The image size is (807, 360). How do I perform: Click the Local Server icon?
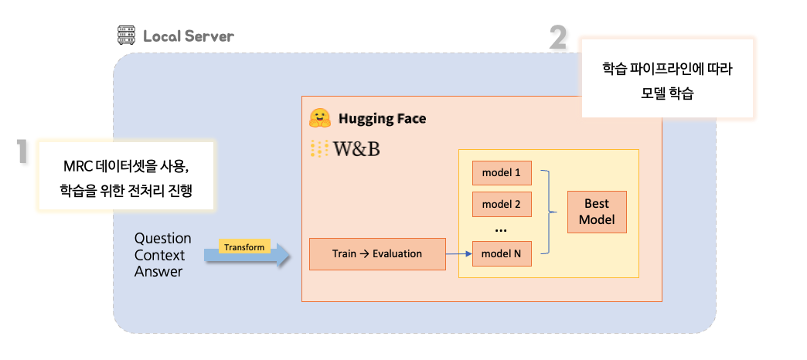(x=126, y=36)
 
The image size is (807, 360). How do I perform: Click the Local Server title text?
(x=188, y=36)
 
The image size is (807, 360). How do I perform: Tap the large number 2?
(x=559, y=37)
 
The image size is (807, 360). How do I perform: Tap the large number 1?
(x=23, y=152)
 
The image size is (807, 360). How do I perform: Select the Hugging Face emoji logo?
(x=320, y=118)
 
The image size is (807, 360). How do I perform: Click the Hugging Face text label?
(x=382, y=119)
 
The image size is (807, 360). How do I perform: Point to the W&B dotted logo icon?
(x=318, y=149)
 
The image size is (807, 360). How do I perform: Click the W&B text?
(x=356, y=149)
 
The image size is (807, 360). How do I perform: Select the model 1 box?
(x=502, y=172)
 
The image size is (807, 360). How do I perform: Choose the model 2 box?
(x=502, y=204)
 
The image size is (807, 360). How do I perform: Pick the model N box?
(x=502, y=253)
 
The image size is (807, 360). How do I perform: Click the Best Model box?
(x=596, y=212)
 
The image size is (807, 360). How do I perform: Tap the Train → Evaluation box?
(x=377, y=253)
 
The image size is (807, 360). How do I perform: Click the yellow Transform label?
(x=244, y=247)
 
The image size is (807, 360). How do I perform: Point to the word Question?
(x=162, y=238)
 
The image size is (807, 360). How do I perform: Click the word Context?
(x=159, y=255)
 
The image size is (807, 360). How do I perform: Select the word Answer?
(x=158, y=271)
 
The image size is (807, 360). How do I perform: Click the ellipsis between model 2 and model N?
(x=501, y=229)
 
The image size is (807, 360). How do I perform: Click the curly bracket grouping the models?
(x=550, y=211)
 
